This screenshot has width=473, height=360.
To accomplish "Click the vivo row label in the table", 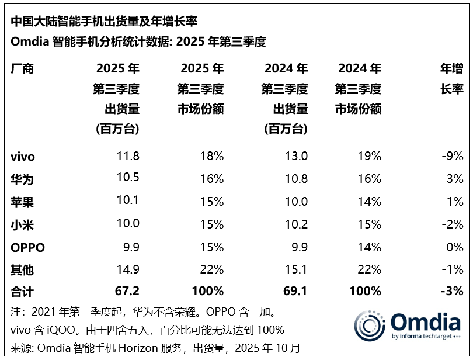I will (x=23, y=156).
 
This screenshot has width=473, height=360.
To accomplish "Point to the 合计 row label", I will (x=23, y=291).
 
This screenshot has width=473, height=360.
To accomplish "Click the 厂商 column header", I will (x=23, y=68).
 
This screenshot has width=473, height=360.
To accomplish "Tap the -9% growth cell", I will (x=453, y=156).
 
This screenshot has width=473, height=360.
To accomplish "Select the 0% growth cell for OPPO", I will (x=455, y=247).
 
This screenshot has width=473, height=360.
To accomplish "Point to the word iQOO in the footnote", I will (x=53, y=329).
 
